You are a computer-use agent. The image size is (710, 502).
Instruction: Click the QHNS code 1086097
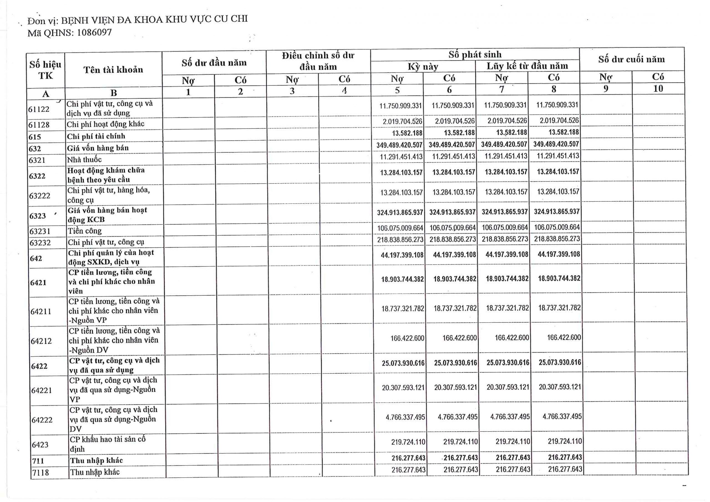[94, 32]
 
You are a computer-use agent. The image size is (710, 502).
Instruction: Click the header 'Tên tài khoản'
[113, 70]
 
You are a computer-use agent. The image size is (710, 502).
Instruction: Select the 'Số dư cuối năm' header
[632, 59]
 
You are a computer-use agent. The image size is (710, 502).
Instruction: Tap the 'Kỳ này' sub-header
[423, 67]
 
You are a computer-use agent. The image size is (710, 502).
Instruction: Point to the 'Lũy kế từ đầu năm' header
[527, 66]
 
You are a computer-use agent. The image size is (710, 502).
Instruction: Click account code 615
[35, 137]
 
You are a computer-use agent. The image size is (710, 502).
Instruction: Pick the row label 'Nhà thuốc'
[84, 159]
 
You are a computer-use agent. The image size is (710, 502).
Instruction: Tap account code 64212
[41, 341]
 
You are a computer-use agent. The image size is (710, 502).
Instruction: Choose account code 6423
[40, 445]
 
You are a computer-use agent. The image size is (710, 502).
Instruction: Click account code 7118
[40, 472]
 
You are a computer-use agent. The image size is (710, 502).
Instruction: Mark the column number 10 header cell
[658, 89]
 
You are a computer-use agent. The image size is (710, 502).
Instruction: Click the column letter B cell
[113, 93]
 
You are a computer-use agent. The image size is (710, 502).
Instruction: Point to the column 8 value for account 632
[556, 144]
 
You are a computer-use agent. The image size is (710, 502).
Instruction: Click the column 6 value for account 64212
[460, 338]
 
